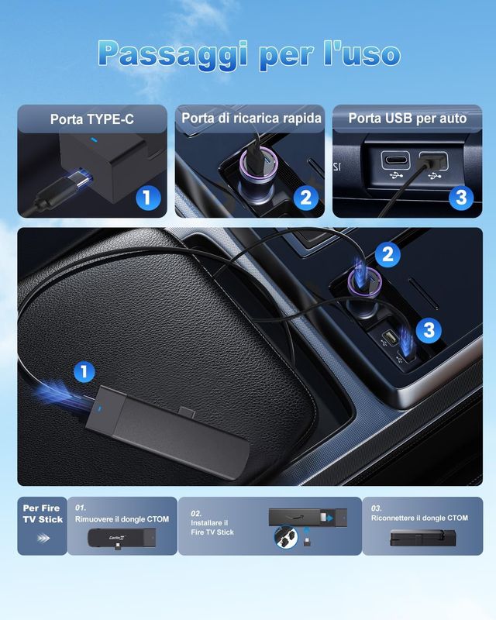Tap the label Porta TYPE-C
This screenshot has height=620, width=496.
coord(92,119)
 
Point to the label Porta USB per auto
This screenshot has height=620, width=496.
coord(408,119)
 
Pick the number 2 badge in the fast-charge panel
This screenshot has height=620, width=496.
coord(305,198)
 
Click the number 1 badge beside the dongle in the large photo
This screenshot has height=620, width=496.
coord(84,373)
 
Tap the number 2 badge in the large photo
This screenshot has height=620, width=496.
coord(387,254)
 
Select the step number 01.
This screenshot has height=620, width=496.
coord(81,508)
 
